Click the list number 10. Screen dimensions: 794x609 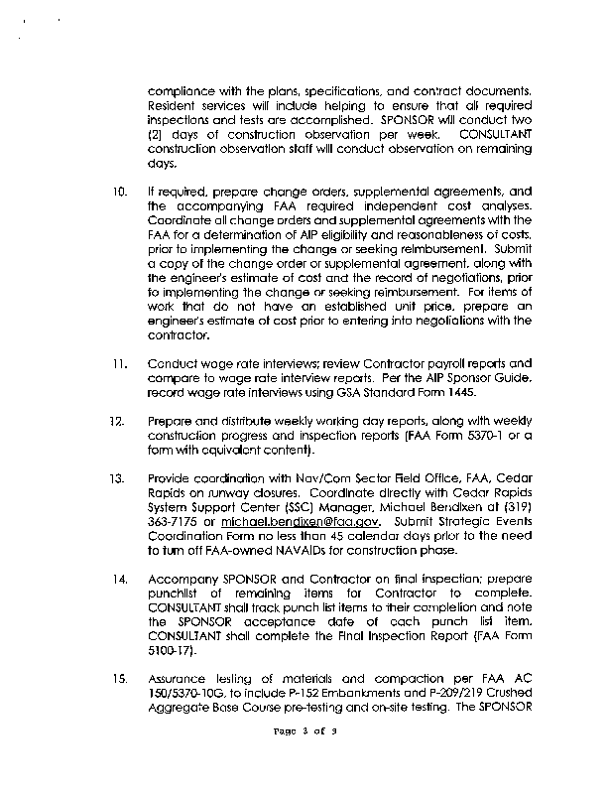[118, 191]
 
